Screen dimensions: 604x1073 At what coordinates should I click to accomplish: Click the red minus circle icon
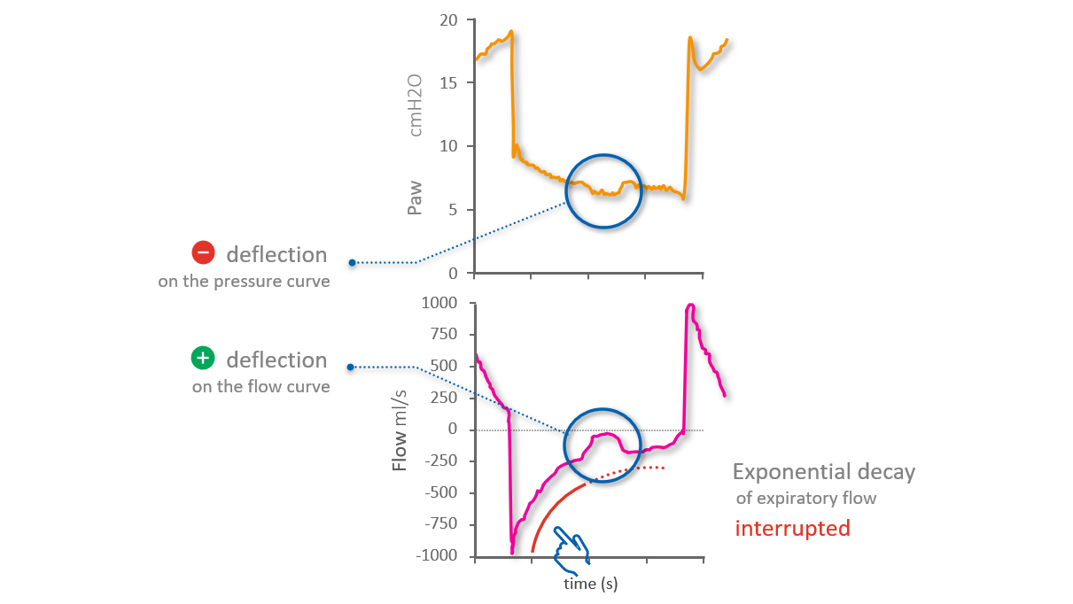tap(203, 254)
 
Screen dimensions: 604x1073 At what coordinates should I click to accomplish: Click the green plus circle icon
tap(203, 359)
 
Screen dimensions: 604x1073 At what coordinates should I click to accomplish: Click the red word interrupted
tap(792, 529)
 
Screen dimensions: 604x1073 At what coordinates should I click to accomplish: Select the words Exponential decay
tap(823, 471)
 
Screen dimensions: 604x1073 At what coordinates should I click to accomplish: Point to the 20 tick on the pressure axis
tap(449, 19)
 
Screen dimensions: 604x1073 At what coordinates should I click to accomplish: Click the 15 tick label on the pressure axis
tap(449, 82)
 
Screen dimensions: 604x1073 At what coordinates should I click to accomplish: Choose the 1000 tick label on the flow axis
tap(439, 303)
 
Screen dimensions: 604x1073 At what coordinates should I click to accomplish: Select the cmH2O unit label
tap(415, 105)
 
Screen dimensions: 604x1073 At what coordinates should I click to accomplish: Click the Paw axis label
tap(415, 198)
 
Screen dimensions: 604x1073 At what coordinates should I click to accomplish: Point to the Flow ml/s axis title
tap(400, 431)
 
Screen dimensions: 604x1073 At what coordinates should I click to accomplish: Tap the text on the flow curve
tap(260, 387)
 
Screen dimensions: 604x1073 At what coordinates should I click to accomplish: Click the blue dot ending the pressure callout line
tap(352, 263)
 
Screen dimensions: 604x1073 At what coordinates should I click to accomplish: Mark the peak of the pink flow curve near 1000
tap(689, 306)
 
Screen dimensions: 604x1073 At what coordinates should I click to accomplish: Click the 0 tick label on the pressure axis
tap(454, 273)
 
